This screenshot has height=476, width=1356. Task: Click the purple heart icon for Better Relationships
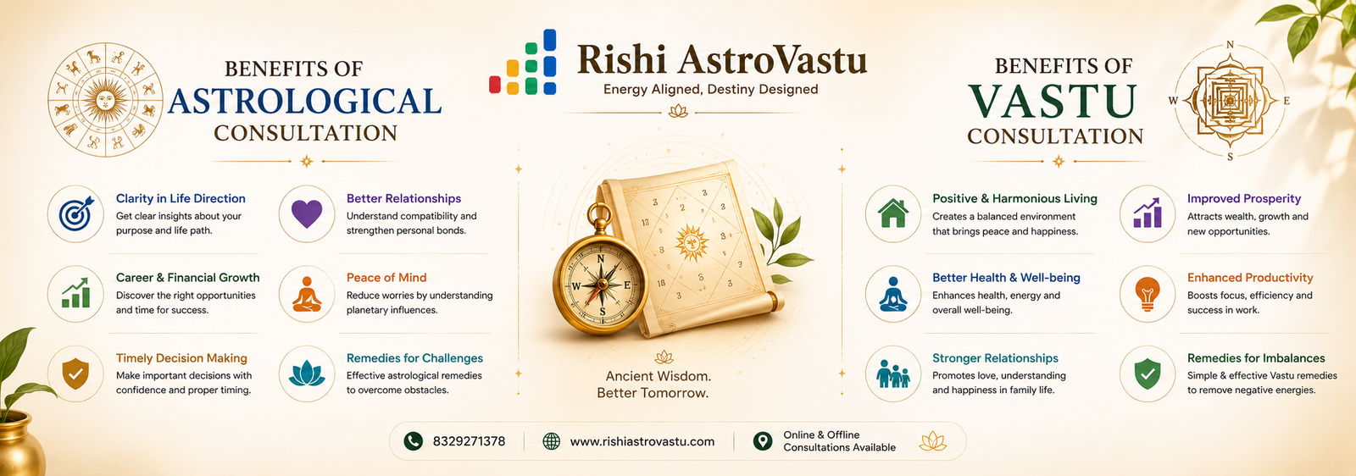(x=307, y=214)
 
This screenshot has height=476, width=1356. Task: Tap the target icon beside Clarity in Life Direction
(x=76, y=213)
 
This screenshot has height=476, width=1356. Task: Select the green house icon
(x=893, y=213)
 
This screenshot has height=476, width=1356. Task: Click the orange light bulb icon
(x=1148, y=294)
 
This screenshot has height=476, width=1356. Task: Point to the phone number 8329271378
(x=469, y=441)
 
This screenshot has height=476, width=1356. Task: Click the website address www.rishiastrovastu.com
(x=642, y=441)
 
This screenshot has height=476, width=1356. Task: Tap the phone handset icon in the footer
(x=414, y=441)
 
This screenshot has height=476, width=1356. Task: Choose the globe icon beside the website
(x=551, y=441)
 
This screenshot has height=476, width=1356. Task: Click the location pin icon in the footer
(x=763, y=441)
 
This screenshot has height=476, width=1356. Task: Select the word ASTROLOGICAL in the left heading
(x=304, y=101)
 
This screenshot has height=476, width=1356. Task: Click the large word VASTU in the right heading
(x=1052, y=102)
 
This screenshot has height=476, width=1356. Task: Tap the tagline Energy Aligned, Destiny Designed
(x=711, y=90)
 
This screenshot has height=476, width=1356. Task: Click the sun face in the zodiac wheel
(x=105, y=99)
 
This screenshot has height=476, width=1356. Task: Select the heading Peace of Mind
(x=386, y=278)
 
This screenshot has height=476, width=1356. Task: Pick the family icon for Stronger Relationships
(x=893, y=374)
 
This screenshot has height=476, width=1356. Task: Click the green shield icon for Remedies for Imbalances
(x=1148, y=374)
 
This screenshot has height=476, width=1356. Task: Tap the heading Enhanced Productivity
(x=1250, y=278)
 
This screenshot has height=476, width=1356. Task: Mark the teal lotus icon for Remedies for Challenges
(x=307, y=374)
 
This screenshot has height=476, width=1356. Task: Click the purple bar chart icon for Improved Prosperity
(x=1147, y=213)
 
